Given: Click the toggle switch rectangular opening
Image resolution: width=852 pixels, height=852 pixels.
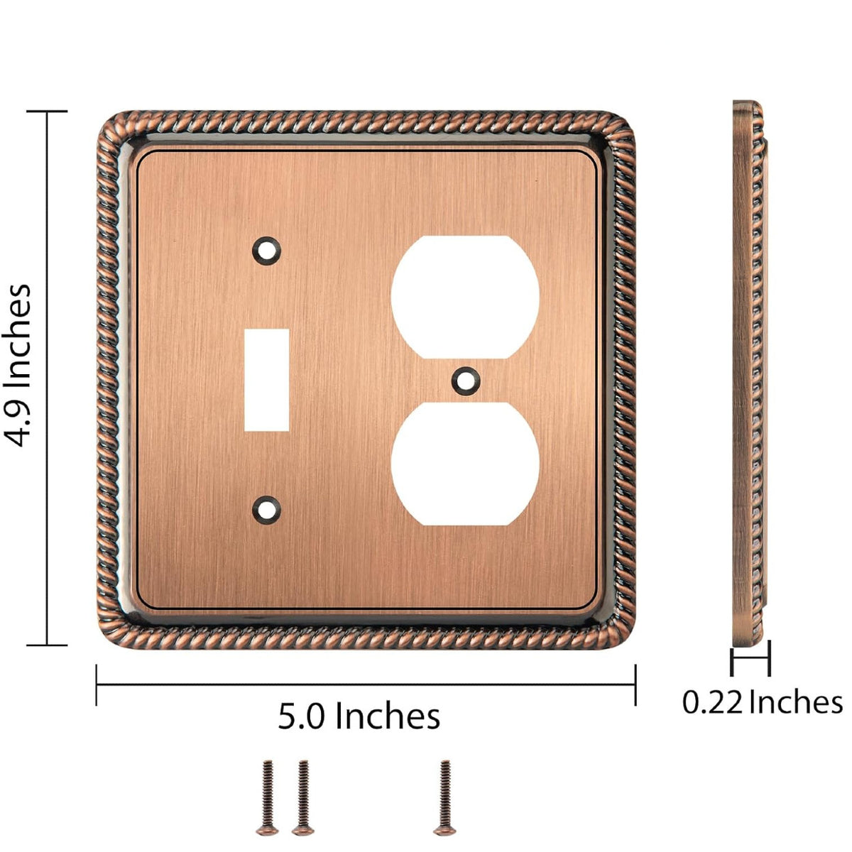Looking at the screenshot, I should (267, 380).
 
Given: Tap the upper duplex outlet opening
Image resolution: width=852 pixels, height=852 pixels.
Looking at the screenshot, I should (465, 297).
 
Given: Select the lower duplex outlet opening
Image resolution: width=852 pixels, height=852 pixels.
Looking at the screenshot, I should (465, 464).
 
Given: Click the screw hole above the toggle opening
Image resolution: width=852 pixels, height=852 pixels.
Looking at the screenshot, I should (267, 249).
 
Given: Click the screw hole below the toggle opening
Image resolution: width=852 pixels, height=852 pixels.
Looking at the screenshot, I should (267, 508).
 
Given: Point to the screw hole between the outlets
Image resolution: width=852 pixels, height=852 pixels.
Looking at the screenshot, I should (465, 380).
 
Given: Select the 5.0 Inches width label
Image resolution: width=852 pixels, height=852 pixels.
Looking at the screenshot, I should (359, 716).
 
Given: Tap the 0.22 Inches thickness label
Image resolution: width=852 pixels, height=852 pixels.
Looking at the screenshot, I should (762, 702).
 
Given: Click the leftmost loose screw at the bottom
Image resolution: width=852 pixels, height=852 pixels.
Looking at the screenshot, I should (268, 795).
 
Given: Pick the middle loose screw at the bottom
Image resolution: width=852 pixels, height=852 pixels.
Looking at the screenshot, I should (303, 795).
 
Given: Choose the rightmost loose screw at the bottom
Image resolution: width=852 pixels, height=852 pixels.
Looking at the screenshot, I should (444, 795).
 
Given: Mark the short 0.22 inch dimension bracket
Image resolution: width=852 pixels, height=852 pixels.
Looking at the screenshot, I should (750, 660).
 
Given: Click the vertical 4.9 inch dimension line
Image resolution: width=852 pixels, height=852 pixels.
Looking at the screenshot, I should (48, 378).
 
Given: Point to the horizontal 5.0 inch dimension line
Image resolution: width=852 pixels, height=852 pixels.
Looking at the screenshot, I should (366, 684).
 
